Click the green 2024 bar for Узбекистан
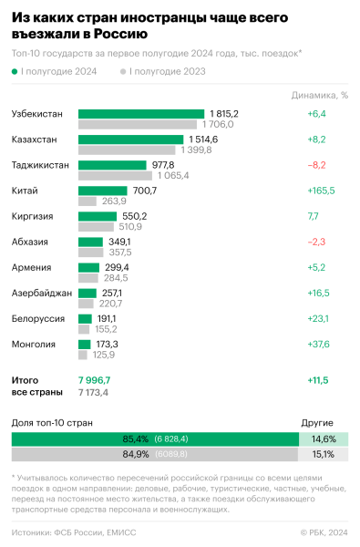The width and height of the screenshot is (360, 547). click(140, 114)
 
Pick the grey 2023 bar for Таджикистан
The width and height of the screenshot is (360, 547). click(115, 175)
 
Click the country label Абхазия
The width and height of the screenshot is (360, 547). click(29, 242)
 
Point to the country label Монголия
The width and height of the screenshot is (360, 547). click(33, 345)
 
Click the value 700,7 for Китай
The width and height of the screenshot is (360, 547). click(145, 191)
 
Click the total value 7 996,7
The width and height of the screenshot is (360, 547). click(94, 378)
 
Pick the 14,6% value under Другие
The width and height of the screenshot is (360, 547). click(324, 439)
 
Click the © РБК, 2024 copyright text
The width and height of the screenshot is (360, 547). click(324, 531)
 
